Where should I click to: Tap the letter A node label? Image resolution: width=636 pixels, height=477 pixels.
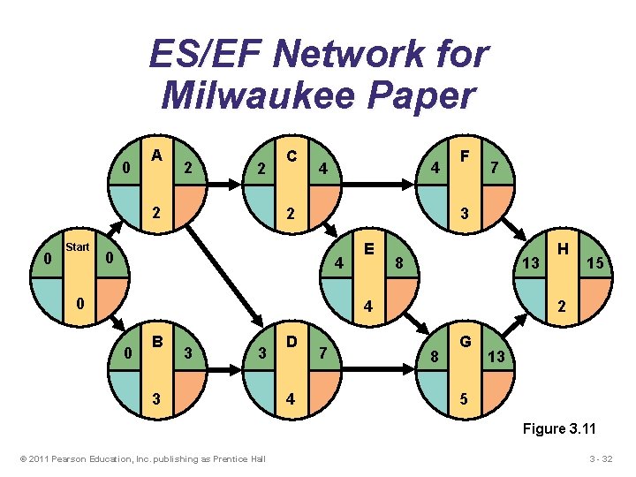156,155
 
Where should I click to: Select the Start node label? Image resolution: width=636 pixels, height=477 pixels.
78,247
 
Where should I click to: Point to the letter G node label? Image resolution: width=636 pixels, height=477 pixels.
465,340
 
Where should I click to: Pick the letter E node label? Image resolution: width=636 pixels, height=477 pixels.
370,248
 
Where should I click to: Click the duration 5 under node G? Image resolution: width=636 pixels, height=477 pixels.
465,397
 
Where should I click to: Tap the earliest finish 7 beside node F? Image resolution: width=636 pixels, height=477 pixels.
496,168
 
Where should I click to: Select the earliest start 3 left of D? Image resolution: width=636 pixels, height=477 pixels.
261,354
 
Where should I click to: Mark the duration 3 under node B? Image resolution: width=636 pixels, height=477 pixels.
156,397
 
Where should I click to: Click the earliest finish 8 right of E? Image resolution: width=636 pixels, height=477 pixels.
399,262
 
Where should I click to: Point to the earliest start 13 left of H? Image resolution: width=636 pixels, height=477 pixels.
530,263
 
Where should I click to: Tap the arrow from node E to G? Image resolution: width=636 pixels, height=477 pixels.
418,312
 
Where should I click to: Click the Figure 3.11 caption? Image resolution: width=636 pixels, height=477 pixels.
559,429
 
